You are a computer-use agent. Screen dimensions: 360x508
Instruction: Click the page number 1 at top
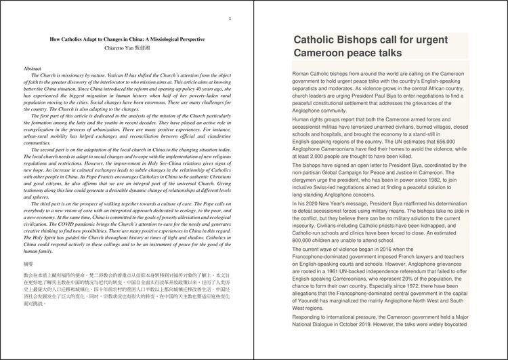click(x=230, y=18)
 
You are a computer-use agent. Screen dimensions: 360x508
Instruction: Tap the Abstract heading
click(x=33, y=69)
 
